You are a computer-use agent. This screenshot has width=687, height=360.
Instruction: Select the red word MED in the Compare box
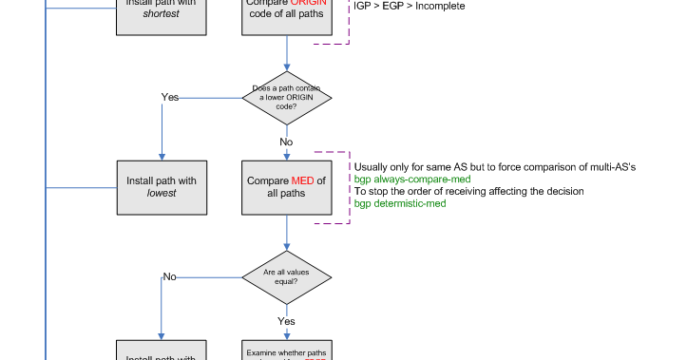pos(302,180)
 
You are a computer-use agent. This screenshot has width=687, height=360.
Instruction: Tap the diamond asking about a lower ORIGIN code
pos(287,98)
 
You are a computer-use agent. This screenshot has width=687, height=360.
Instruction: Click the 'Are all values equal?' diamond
pos(287,277)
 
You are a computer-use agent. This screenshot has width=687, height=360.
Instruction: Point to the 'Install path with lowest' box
pos(161,186)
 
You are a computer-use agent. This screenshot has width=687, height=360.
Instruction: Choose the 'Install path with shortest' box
pos(161,15)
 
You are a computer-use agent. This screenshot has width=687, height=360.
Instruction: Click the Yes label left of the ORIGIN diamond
pos(170,97)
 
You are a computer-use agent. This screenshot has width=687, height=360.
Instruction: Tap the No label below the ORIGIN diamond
pos(286,142)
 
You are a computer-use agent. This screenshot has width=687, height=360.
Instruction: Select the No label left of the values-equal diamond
pos(169,276)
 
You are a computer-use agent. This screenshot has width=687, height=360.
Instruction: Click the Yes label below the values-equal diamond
pos(286,321)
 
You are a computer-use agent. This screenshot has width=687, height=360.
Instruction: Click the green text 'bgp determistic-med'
pos(400,203)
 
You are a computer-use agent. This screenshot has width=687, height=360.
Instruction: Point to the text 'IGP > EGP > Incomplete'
pos(410,7)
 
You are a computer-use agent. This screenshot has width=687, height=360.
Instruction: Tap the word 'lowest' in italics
pos(162,194)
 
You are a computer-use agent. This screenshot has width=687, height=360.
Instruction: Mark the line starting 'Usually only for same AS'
pos(494,166)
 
